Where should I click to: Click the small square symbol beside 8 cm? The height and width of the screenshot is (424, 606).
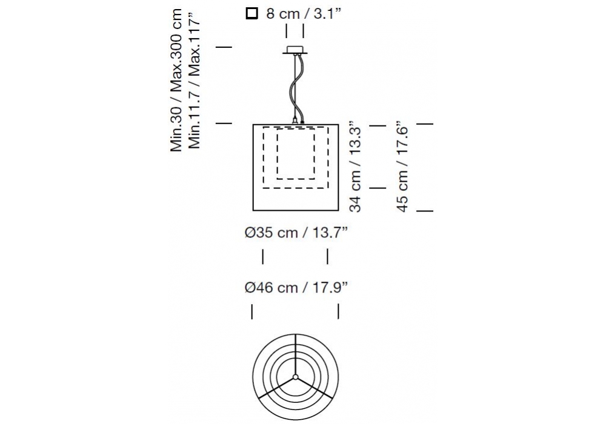tap(251, 13)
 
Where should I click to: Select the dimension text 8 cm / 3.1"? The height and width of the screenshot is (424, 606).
tap(304, 13)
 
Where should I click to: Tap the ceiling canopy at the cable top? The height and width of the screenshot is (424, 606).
tap(295, 50)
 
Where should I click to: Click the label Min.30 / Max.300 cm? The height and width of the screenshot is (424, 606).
tap(176, 81)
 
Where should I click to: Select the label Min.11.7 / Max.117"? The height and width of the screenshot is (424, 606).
tap(194, 81)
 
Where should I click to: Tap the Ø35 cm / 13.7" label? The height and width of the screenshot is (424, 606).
tap(296, 233)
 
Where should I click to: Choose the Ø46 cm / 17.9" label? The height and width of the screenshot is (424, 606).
tap(296, 288)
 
